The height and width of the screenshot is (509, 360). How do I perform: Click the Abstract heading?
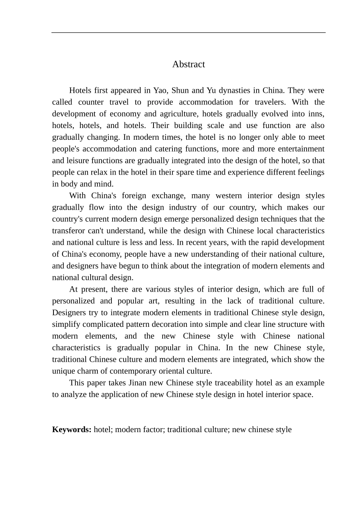pos(188,64)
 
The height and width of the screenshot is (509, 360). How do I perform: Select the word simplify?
pos(66,325)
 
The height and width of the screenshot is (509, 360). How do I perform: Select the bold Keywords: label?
pos(72,430)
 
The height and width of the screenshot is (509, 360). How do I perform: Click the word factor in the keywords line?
pos(153,430)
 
